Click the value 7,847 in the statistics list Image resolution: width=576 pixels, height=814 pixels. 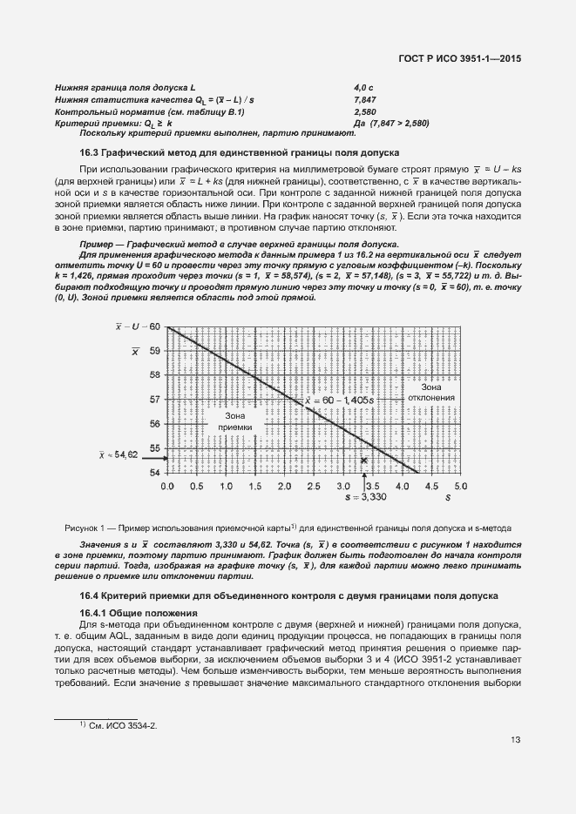click(365, 101)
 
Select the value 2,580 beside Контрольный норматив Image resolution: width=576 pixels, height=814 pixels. click(365, 112)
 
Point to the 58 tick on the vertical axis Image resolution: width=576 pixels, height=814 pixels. click(155, 375)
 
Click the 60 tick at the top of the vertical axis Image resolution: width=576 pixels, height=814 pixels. click(155, 326)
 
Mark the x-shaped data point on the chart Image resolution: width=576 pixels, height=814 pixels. click(364, 459)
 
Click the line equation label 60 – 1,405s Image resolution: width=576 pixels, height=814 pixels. click(343, 400)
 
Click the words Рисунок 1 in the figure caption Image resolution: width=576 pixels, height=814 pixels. click(85, 528)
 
